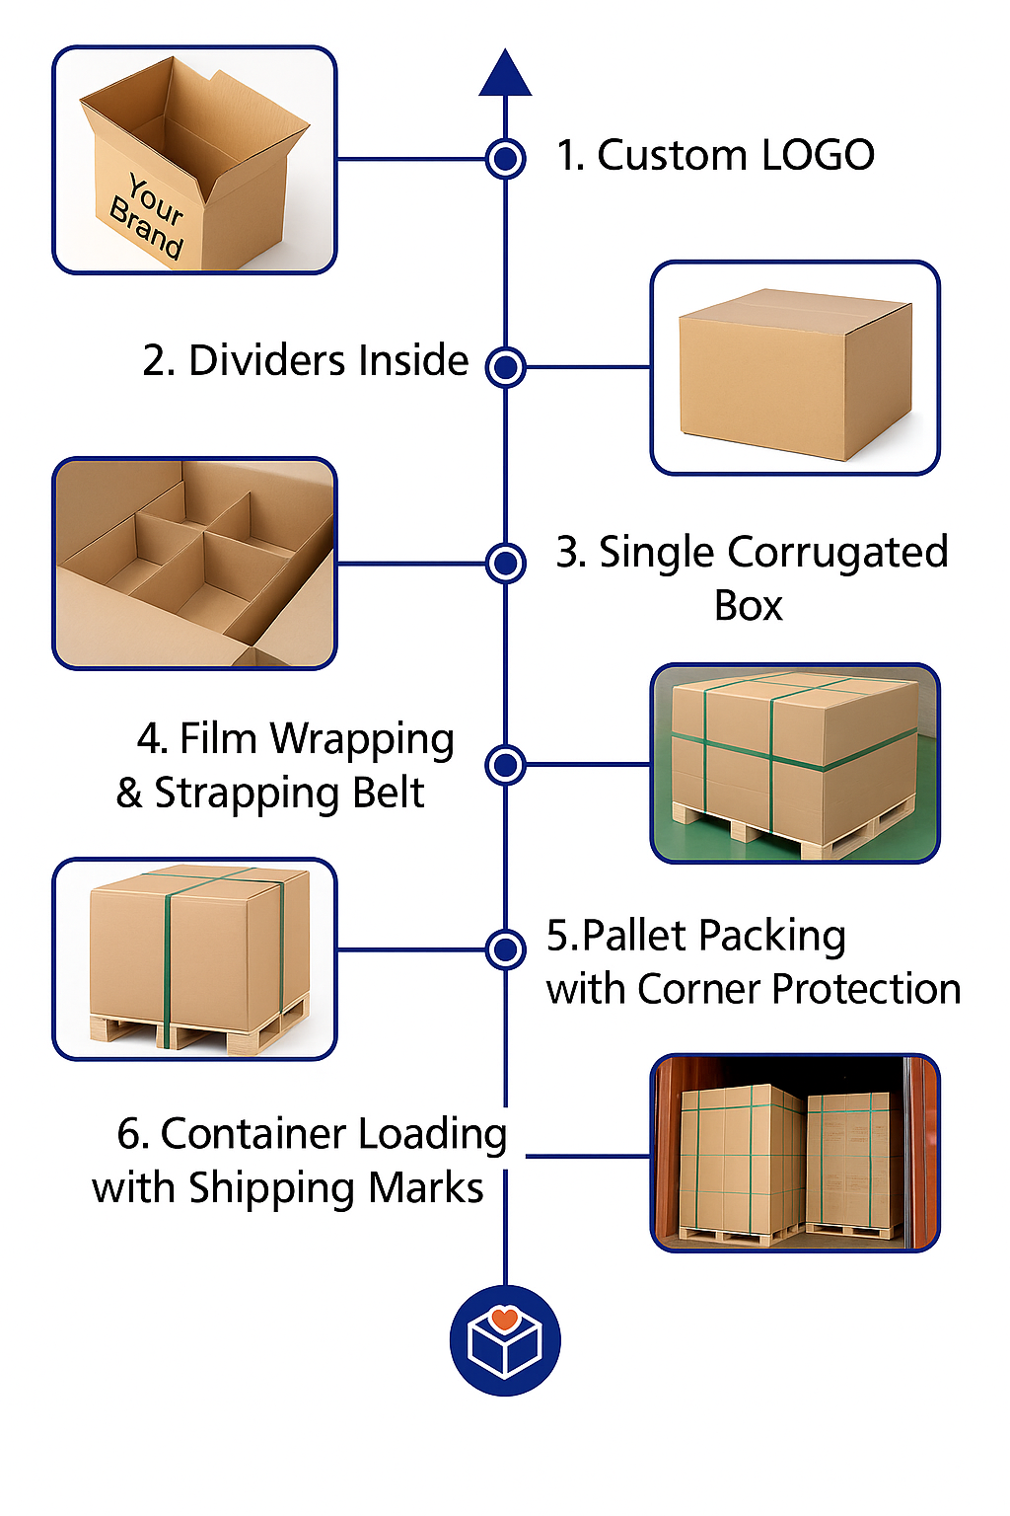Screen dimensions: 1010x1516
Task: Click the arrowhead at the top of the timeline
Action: tap(505, 73)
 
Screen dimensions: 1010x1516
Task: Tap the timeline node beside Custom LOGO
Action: tap(505, 159)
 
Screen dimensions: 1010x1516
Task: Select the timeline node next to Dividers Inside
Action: tap(505, 367)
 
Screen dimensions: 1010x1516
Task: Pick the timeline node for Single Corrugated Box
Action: tap(505, 563)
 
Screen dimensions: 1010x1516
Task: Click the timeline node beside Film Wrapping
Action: tap(505, 765)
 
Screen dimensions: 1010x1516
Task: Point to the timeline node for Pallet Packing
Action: tap(505, 948)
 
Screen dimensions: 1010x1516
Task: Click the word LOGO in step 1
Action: tap(818, 155)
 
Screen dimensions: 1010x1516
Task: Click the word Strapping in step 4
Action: tap(246, 795)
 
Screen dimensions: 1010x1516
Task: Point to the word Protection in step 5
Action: tap(866, 989)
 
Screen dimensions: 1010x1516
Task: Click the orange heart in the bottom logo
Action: tap(505, 1317)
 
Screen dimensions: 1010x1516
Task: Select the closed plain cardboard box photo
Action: tap(795, 367)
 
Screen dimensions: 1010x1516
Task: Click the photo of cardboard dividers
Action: tap(194, 564)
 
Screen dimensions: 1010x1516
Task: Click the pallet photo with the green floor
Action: tap(795, 763)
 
